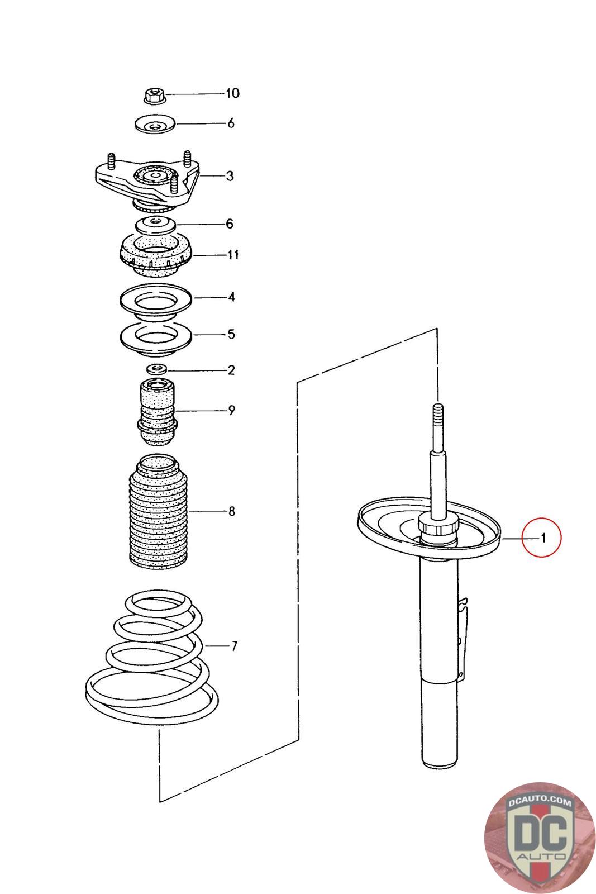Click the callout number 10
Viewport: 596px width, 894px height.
pos(232,93)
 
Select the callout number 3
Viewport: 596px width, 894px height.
pos(230,177)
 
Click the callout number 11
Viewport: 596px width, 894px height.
pos(233,255)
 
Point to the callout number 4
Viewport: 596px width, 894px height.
pos(231,297)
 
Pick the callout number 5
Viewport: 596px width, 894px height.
pos(231,335)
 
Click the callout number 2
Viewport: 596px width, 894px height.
pos(231,370)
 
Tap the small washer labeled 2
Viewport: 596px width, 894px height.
pos(157,369)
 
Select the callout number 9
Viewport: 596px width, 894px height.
pos(231,411)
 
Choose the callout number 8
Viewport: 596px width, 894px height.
pos(231,511)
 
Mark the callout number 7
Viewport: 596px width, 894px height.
pos(234,646)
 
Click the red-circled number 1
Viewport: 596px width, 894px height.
pos(541,538)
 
